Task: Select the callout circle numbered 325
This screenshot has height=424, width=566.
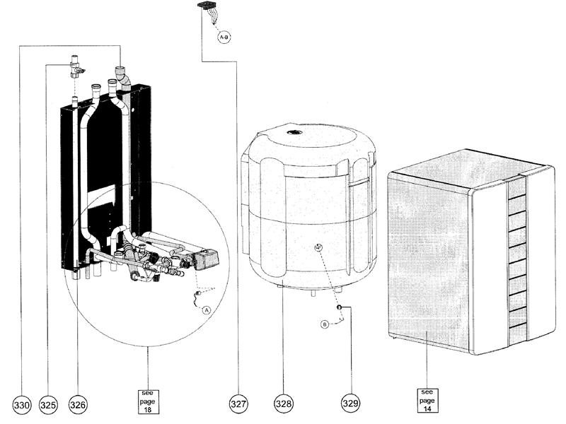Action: pos(48,404)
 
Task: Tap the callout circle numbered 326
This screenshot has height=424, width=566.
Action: pos(77,404)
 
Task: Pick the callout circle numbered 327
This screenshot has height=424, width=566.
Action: pos(238,404)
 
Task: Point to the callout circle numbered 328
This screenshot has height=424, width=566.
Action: pos(284,404)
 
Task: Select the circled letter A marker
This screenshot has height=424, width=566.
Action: pos(207,310)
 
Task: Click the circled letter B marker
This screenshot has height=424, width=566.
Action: pos(325,324)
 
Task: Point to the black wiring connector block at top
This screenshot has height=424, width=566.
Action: pos(206,8)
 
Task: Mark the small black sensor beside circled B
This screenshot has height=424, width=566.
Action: pos(340,307)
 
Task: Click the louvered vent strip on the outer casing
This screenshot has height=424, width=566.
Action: pos(517,258)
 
